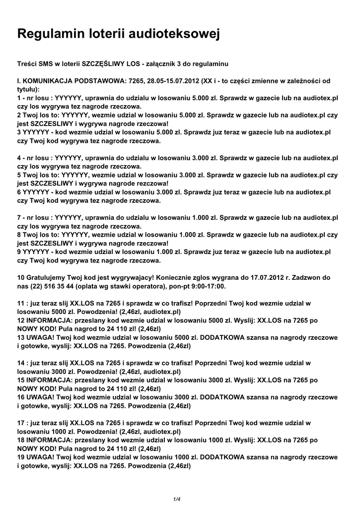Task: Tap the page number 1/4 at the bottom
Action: [177, 499]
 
